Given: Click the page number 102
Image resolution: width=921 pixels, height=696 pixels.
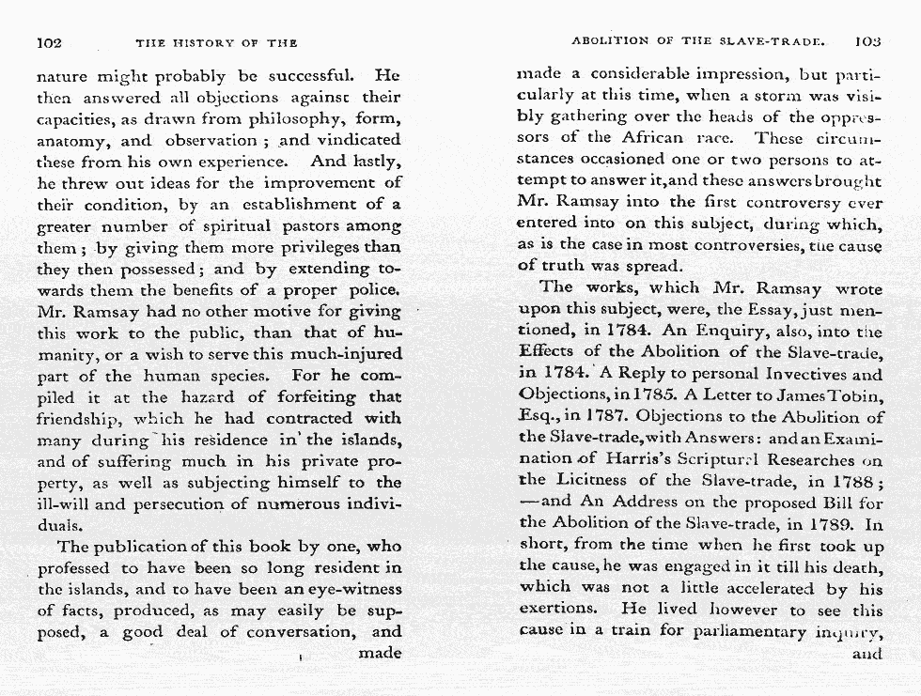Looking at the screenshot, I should (x=49, y=42).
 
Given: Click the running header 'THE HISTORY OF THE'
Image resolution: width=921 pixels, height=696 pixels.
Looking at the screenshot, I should (x=216, y=43).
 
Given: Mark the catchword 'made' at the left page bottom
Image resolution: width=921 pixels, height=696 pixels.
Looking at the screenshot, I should (x=380, y=653).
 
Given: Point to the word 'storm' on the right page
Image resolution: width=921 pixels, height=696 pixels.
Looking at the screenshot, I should (x=771, y=95).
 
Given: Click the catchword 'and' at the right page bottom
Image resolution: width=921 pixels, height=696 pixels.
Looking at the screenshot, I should (x=866, y=654).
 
